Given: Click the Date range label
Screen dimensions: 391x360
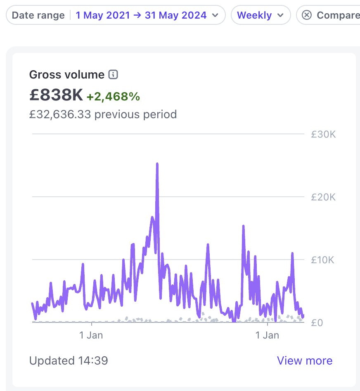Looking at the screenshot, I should (38, 15).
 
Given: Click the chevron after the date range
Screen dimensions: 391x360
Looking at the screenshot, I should (215, 15).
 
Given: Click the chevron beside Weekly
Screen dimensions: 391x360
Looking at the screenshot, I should (280, 15).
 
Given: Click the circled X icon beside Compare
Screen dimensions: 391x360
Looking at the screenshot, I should (307, 15).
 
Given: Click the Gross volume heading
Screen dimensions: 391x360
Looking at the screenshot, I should (67, 75).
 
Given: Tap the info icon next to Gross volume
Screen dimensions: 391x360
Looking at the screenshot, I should (113, 75).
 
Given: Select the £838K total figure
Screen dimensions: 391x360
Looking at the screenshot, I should (56, 95).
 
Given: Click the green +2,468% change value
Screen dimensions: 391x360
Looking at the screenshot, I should (113, 97).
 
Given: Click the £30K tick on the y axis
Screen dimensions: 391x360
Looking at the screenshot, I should (323, 134).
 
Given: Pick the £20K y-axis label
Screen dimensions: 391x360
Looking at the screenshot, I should (323, 197).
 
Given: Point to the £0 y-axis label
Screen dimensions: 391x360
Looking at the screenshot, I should (317, 322).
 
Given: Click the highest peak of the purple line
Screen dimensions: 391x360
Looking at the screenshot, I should (157, 164).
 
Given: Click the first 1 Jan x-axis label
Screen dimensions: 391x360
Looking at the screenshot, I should (91, 335).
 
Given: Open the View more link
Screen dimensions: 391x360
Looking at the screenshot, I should (305, 361).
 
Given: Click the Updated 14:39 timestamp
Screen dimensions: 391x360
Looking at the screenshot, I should (69, 361).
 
